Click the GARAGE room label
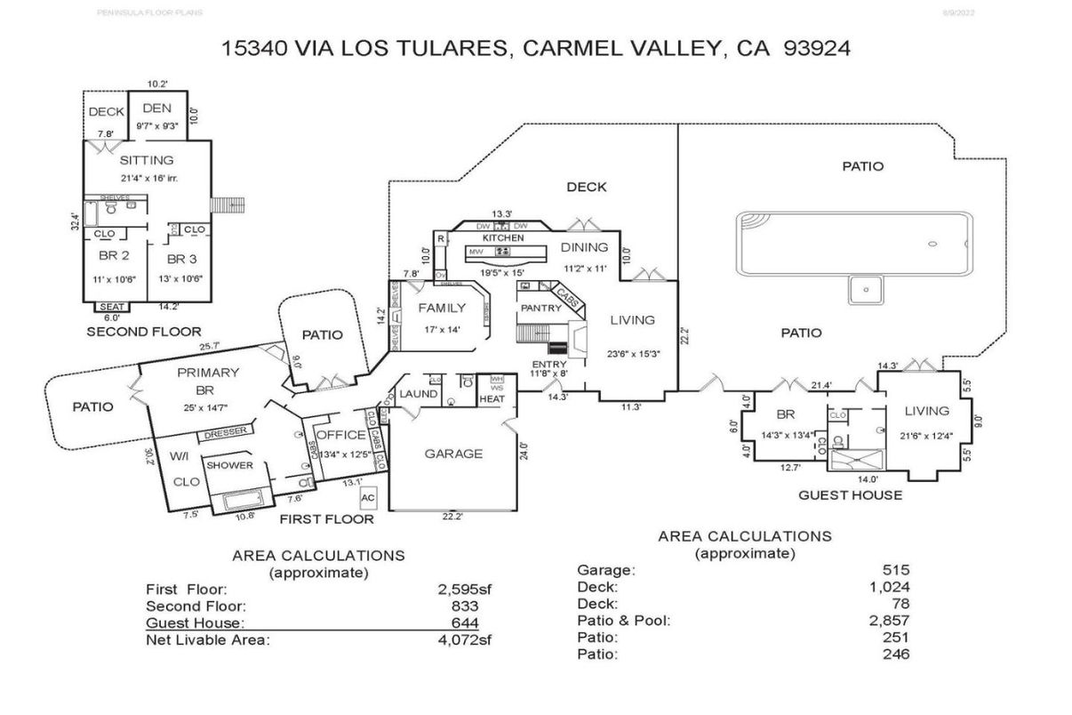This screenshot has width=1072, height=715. [453, 454]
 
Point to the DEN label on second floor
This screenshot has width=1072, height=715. [156, 108]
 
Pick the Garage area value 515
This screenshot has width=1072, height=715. [895, 570]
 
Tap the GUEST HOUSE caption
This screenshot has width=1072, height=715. [850, 495]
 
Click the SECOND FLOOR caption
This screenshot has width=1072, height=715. [143, 332]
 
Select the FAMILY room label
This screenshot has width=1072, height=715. [442, 309]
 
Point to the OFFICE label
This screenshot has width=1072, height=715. [341, 435]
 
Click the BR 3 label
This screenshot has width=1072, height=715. [181, 259]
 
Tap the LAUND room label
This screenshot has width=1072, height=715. [417, 394]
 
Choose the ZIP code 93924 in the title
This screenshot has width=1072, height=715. [817, 49]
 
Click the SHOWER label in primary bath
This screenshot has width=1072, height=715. [230, 465]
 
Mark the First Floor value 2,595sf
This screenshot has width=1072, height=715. [460, 589]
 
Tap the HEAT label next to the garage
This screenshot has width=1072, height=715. [492, 398]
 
